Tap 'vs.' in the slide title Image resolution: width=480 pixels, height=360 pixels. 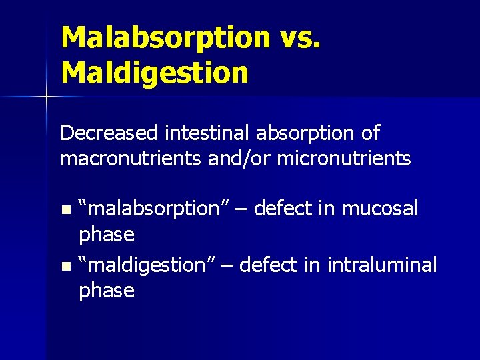tap(299, 38)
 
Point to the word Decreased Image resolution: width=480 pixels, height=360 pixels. tap(109, 133)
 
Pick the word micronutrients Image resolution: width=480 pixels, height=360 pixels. tap(344, 159)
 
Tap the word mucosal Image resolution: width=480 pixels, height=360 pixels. tap(379, 209)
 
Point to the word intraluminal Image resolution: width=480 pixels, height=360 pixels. tap(382, 265)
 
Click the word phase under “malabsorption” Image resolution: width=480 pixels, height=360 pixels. tap(107, 235)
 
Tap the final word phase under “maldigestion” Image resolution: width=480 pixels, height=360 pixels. tap(107, 291)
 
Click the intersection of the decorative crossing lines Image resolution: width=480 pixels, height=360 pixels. tap(46, 97)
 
